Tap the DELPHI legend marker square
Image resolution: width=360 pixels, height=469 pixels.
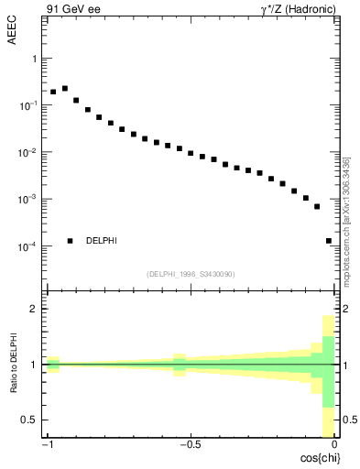[70, 241]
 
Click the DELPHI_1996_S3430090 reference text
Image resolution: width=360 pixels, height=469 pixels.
[191, 274]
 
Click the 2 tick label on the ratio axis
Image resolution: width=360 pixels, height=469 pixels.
[34, 309]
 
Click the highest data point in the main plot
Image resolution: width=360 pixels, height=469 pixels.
[65, 89]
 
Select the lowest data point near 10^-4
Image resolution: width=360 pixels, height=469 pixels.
[329, 241]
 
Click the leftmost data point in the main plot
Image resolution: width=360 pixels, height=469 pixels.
[53, 93]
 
